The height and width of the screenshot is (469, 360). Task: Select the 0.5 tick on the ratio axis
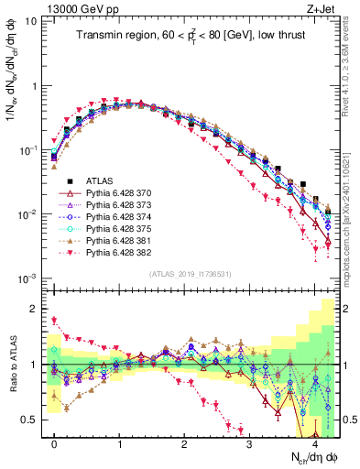point(34,420)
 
